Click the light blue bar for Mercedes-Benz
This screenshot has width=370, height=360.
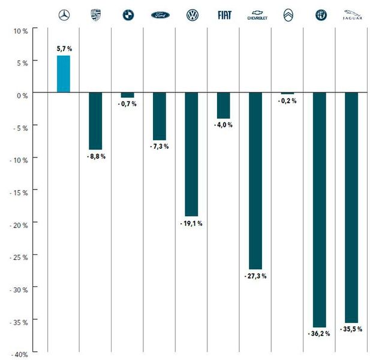(x=63, y=74)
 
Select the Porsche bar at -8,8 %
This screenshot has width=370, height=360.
(x=95, y=121)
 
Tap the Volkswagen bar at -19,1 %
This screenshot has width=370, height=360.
(x=191, y=154)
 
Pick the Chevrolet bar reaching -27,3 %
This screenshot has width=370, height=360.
(x=255, y=181)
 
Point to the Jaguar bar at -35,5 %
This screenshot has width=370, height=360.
(x=351, y=208)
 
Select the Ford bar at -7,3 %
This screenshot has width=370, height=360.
(x=159, y=116)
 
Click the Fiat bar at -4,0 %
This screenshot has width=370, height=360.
(x=223, y=106)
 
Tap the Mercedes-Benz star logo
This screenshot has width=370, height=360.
(x=64, y=16)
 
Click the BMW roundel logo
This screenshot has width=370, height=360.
(x=128, y=16)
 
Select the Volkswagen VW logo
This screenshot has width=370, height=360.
(x=192, y=16)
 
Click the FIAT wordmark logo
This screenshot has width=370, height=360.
(x=224, y=16)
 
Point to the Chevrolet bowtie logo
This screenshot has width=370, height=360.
(x=255, y=15)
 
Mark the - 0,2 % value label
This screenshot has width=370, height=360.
(x=287, y=101)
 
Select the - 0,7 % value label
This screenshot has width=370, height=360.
(x=127, y=104)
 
